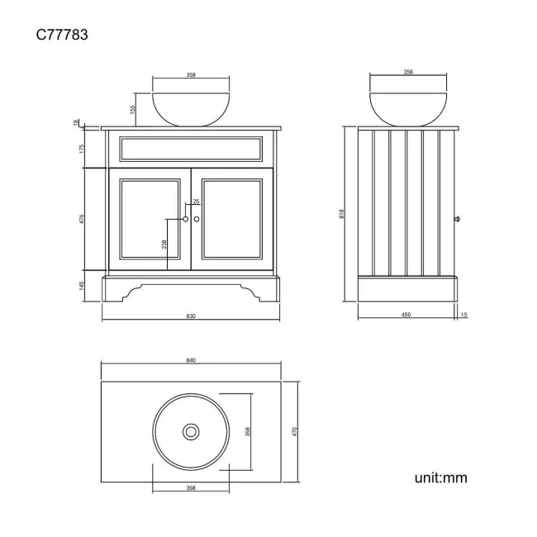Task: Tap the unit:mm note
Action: (441, 477)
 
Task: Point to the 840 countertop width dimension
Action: (191, 361)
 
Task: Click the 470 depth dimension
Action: (294, 430)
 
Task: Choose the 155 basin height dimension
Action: (132, 109)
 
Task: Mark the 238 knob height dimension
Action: (164, 245)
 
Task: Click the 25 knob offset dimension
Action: (196, 202)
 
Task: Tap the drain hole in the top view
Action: (191, 430)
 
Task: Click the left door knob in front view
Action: (185, 218)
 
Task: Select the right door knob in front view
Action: (197, 218)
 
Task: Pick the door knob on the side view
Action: (457, 219)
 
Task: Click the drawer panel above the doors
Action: (191, 149)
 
